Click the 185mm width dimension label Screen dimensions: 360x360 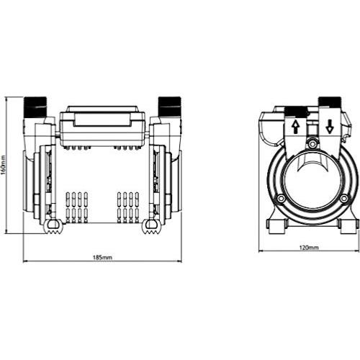click(102, 258)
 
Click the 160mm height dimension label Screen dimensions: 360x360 click(3, 166)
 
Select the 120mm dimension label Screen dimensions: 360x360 click(309, 248)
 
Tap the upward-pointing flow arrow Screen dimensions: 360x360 click(296, 127)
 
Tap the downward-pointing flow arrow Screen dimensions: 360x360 click(330, 127)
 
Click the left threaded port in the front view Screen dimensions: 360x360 click(35, 107)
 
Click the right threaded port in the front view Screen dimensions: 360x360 click(169, 107)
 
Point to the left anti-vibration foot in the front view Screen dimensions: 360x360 click(53, 227)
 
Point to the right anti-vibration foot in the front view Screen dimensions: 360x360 click(151, 227)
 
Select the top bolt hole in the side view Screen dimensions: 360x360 click(312, 144)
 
